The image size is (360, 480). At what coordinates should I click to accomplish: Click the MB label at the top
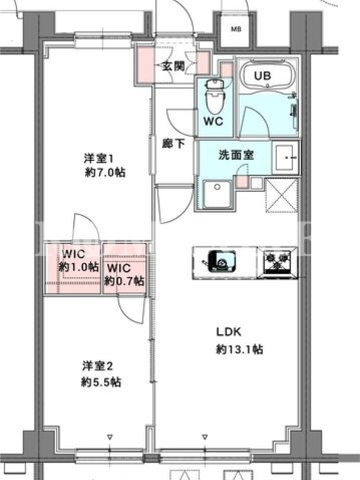[x=236, y=29]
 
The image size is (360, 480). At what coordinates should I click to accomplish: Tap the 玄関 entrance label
[x=173, y=66]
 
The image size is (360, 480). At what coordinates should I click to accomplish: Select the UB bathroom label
[x=262, y=76]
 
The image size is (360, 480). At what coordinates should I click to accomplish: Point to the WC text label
[x=214, y=122]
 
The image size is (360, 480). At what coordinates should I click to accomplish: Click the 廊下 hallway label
[x=173, y=143]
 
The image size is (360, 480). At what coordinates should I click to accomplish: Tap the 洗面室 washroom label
[x=236, y=155]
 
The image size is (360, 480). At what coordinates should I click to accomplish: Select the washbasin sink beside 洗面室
[x=286, y=158]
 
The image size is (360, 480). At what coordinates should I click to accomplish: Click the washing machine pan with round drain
[x=217, y=194]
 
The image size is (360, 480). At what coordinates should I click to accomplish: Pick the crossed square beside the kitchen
[x=281, y=196]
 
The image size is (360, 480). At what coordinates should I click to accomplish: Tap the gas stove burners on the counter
[x=277, y=263]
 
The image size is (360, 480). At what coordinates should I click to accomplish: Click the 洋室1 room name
[x=99, y=158]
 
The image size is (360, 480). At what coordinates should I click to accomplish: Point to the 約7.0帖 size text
[x=105, y=173]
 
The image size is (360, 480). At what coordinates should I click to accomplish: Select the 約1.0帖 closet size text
[x=79, y=267]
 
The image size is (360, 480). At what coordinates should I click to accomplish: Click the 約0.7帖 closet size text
[x=124, y=281]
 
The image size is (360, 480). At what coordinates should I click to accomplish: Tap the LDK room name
[x=229, y=332]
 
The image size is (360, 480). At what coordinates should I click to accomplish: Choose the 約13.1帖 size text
[x=239, y=349]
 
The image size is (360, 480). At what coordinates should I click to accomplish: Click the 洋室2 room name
[x=98, y=366]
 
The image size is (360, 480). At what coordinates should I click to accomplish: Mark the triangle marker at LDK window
[x=205, y=437]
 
